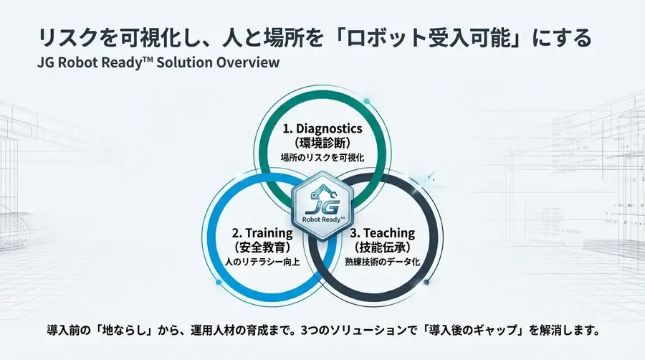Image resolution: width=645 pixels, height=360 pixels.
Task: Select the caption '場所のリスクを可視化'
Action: (322, 156)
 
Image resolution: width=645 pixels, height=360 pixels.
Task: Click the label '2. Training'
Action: (262, 233)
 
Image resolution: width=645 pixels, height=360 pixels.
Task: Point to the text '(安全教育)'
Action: (262, 247)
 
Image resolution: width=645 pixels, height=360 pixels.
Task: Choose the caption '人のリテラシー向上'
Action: (262, 261)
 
